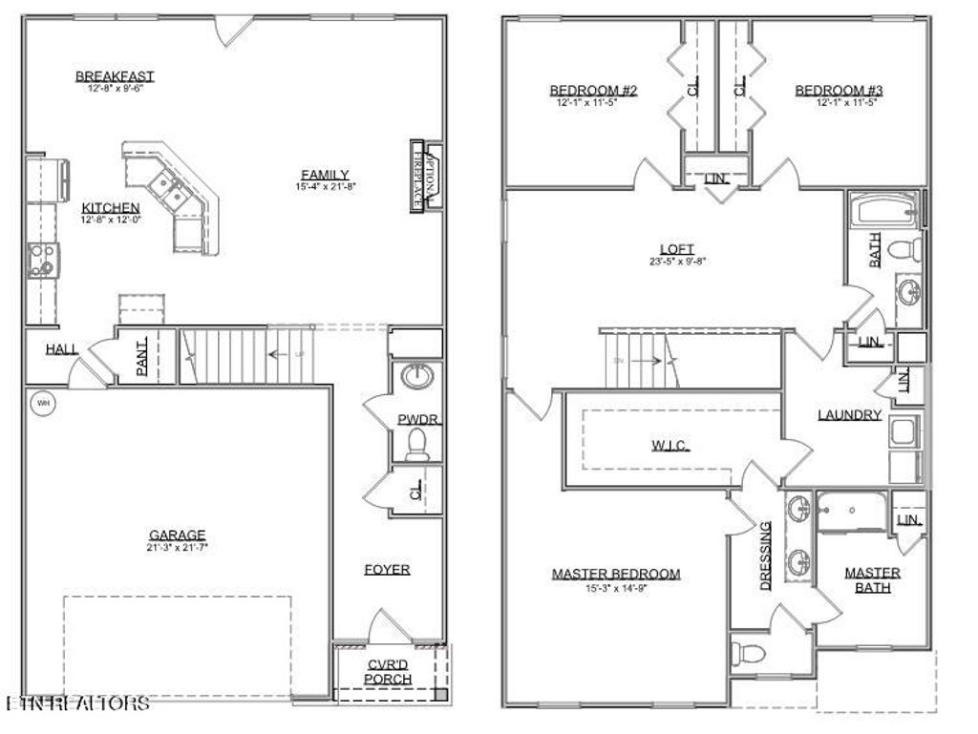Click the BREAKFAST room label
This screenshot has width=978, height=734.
point(115,76)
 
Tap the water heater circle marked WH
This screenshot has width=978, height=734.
point(43,404)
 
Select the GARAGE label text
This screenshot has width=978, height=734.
point(177,535)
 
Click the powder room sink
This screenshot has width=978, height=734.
point(416,376)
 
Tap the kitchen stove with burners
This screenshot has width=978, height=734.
point(43,259)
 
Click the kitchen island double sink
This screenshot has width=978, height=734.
point(172,190)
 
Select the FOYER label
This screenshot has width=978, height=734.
point(387,570)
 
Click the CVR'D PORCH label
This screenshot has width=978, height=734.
point(389,672)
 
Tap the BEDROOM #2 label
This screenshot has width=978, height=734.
point(593,91)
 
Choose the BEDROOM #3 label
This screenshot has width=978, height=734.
point(840,91)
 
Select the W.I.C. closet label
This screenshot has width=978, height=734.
point(670,445)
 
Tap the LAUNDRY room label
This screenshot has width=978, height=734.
point(849,415)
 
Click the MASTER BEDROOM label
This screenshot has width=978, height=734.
point(616,574)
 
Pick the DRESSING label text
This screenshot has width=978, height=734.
point(766,556)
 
